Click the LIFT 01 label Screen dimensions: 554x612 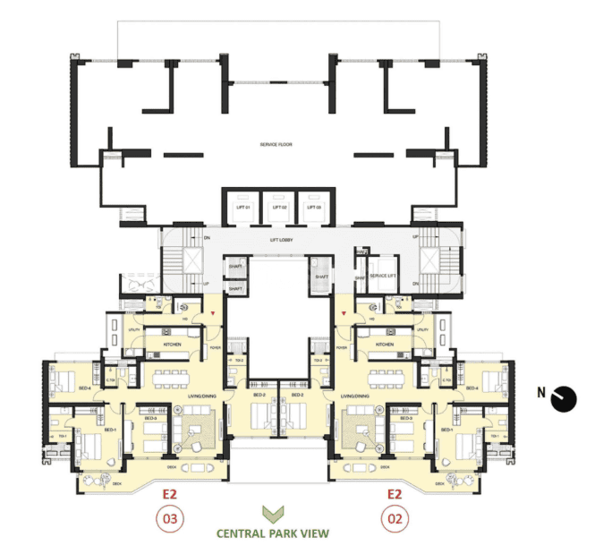tap(241, 208)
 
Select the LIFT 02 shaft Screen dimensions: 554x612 tap(277, 207)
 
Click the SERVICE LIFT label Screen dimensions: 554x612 tap(384, 275)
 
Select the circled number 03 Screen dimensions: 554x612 tap(170, 517)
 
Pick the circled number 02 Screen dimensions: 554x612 tap(394, 517)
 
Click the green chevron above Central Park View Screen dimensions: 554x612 tap(272, 515)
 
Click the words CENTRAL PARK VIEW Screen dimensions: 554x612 tap(272, 533)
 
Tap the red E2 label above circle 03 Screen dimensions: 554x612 tap(170, 493)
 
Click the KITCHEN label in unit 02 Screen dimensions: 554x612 tap(385, 345)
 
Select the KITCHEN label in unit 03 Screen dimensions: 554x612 tap(174, 345)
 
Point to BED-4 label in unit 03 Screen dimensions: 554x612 tap(84, 388)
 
